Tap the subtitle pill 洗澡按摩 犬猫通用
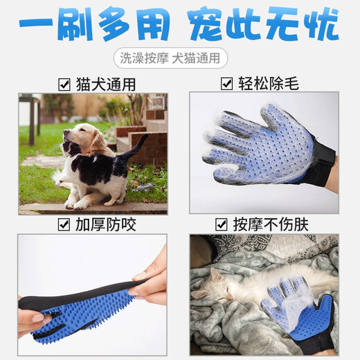click(x=179, y=59)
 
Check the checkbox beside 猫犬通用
click(x=64, y=84)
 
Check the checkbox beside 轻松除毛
click(x=226, y=84)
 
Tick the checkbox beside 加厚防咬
click(x=64, y=224)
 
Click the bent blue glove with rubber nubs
click(x=83, y=305)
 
